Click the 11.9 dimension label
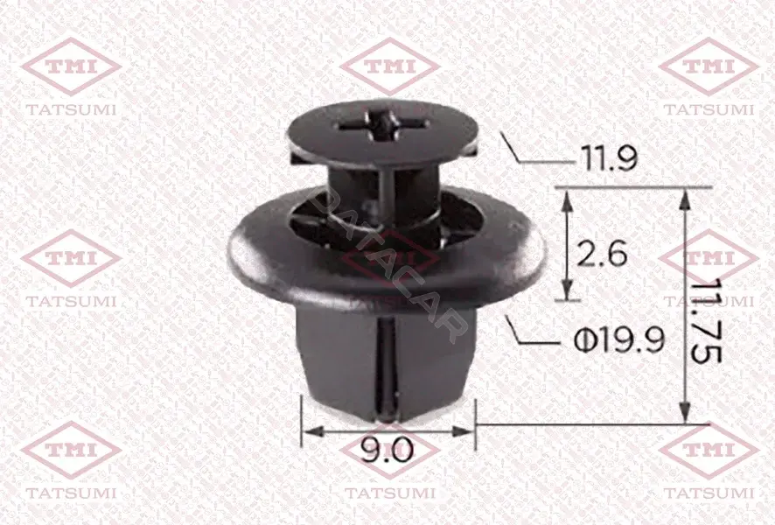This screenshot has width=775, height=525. (608, 158)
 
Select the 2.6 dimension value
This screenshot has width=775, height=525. (603, 254)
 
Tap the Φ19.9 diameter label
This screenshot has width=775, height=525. (618, 340)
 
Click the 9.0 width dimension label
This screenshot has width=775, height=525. (387, 451)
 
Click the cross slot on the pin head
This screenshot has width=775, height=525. (380, 127)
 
